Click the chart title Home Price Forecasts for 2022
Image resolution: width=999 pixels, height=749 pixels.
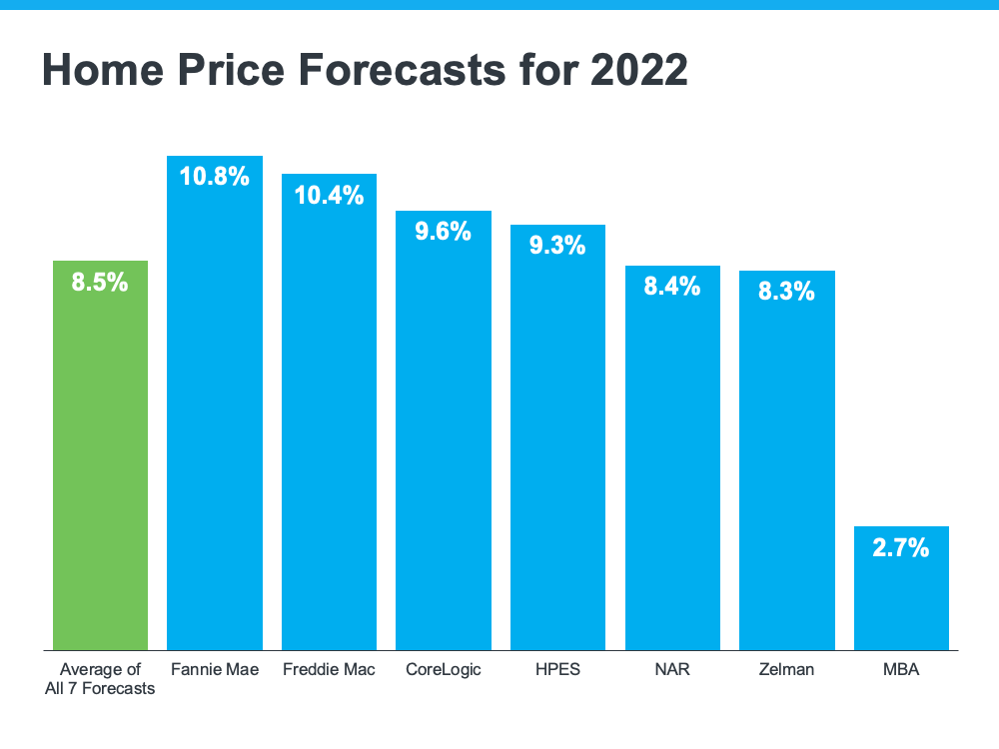pyautogui.click(x=365, y=71)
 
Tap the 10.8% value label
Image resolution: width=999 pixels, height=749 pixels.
pyautogui.click(x=214, y=178)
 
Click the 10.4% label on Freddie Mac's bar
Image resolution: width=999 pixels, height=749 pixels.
pyautogui.click(x=329, y=196)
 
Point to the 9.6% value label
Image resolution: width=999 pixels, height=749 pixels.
pyautogui.click(x=443, y=232)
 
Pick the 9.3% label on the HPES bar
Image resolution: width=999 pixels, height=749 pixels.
pyautogui.click(x=557, y=246)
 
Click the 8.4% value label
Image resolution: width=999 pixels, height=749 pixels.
pyautogui.click(x=672, y=287)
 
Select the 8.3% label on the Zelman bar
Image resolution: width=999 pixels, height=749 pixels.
pyautogui.click(x=786, y=292)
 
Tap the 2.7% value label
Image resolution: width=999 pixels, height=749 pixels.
pyautogui.click(x=901, y=547)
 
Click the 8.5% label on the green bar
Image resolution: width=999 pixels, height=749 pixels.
pyautogui.click(x=100, y=283)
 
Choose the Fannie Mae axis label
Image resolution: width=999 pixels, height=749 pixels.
pyautogui.click(x=214, y=669)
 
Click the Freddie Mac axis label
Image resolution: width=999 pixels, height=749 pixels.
pyautogui.click(x=329, y=669)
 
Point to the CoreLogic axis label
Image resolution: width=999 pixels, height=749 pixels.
pyautogui.click(x=443, y=669)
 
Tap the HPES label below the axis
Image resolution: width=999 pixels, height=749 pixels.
pyautogui.click(x=557, y=669)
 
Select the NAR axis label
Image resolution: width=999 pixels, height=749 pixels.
pyautogui.click(x=672, y=669)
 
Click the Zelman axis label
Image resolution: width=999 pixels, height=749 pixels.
pyautogui.click(x=786, y=669)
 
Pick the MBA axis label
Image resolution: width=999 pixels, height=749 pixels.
pyautogui.click(x=901, y=669)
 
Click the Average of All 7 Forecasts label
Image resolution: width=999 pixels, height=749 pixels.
pyautogui.click(x=100, y=678)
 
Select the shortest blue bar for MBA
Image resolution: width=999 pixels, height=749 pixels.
pyautogui.click(x=901, y=599)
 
